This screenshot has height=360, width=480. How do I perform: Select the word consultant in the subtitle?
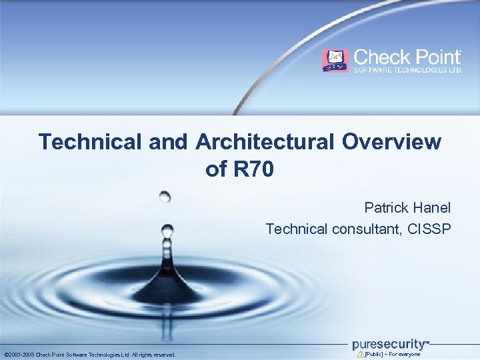coord(361,229)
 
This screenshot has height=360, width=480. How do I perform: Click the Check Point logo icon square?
coord(335,61)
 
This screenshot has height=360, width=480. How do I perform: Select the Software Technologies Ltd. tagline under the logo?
coord(408,70)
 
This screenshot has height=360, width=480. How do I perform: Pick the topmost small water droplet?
coord(165,196)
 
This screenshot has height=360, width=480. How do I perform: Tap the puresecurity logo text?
coord(389,344)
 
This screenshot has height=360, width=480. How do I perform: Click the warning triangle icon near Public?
coord(361,354)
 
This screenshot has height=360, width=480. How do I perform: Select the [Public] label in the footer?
coord(376,355)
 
